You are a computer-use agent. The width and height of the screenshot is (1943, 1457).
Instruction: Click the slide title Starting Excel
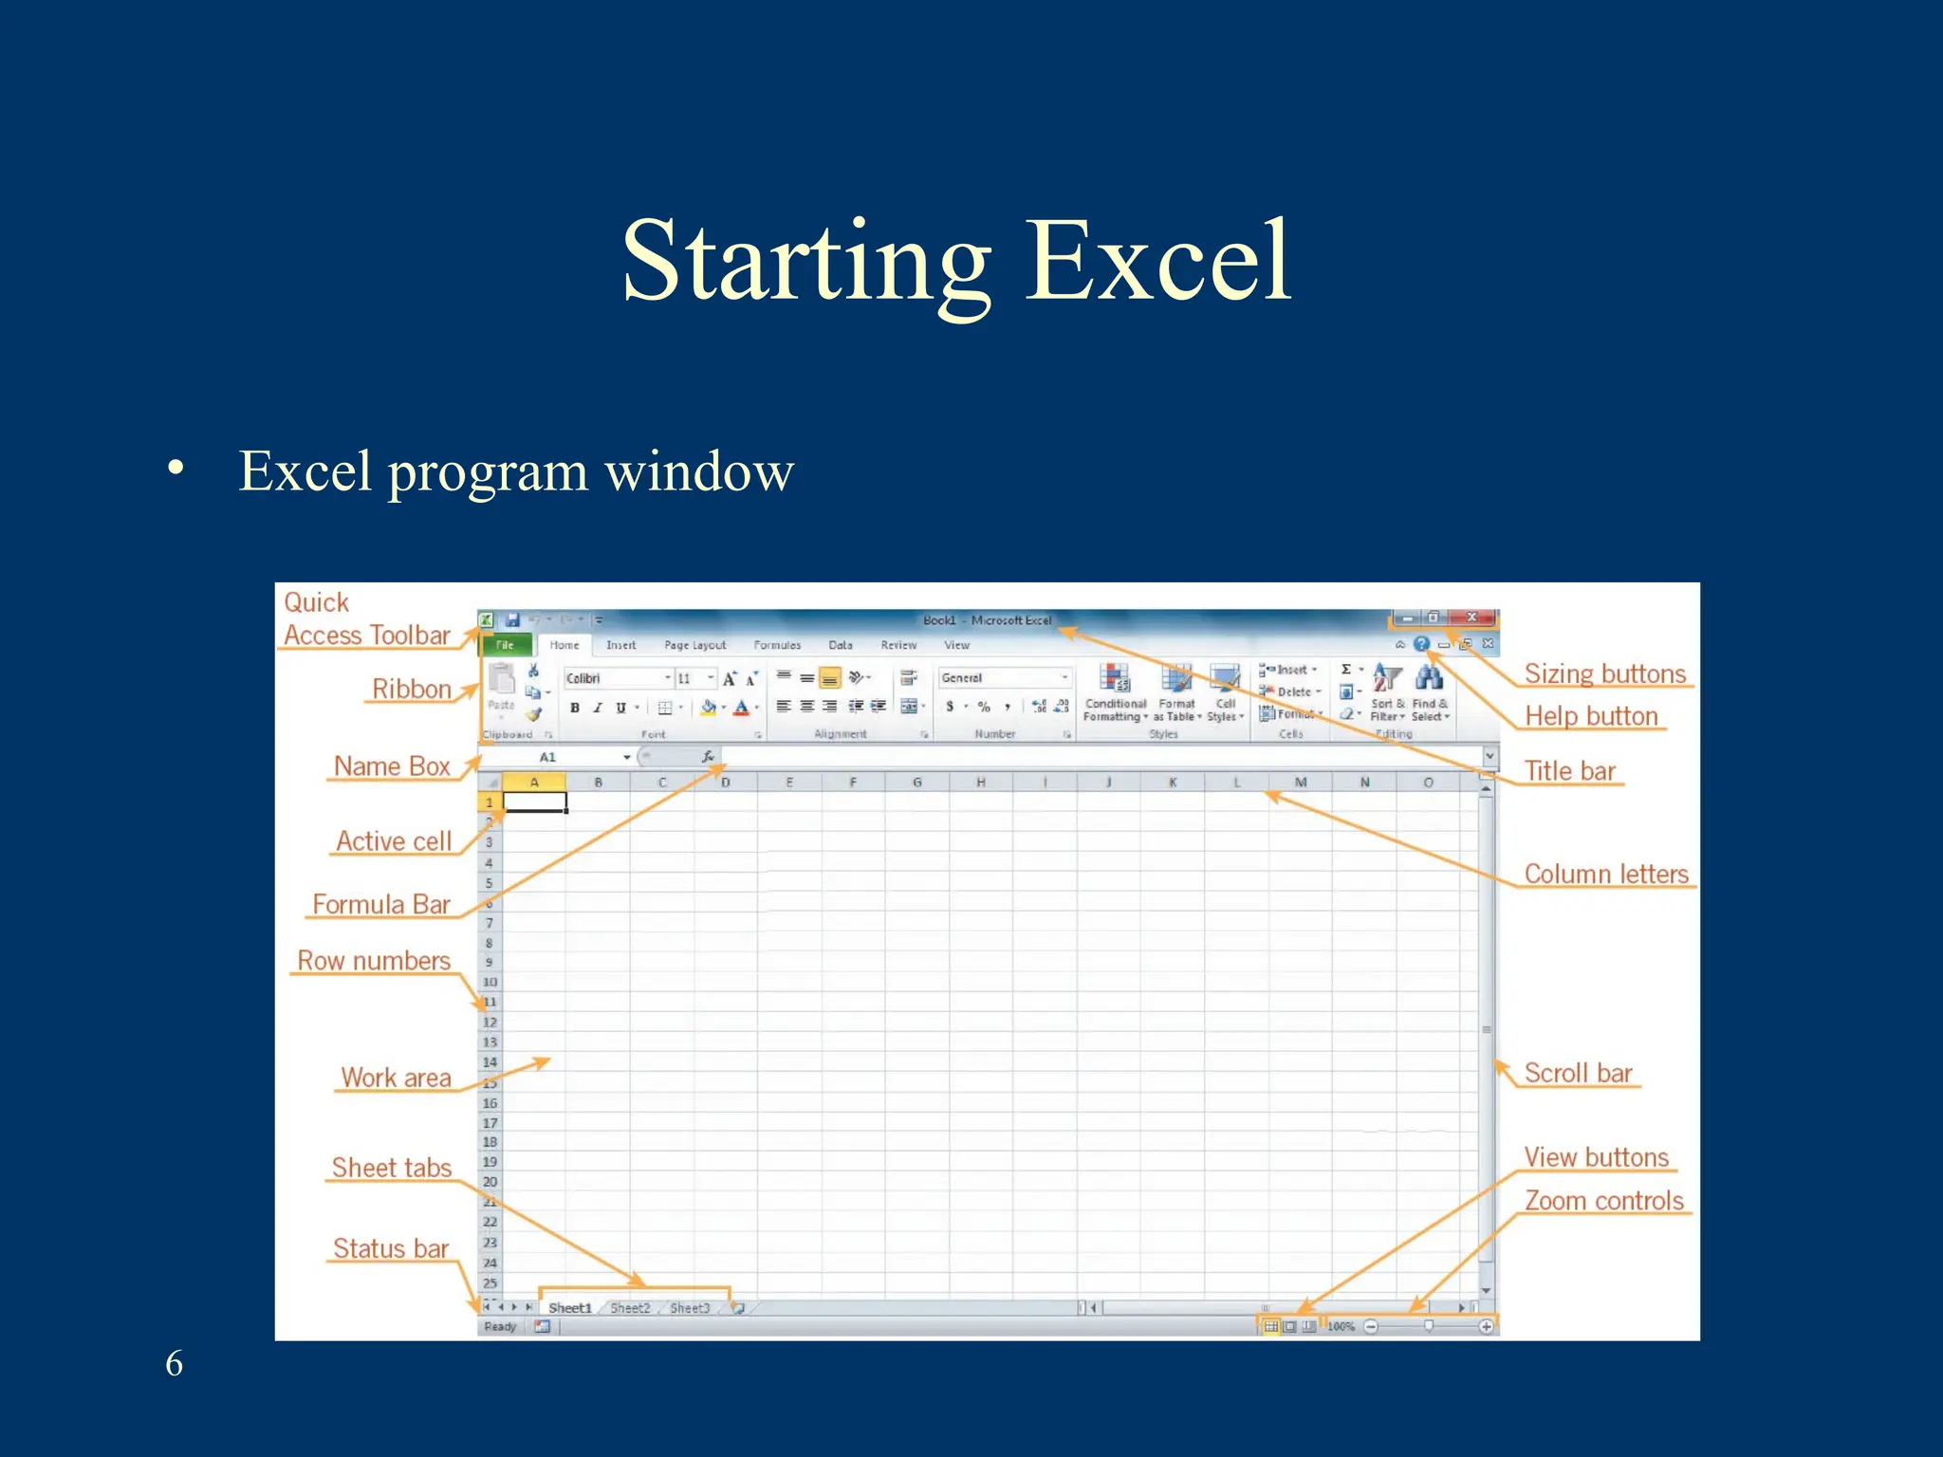[x=956, y=261]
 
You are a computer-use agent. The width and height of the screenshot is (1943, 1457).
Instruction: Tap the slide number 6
[x=175, y=1363]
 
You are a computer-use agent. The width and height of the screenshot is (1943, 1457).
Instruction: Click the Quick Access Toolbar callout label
[x=366, y=619]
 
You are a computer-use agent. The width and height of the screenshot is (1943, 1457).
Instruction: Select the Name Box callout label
[x=392, y=766]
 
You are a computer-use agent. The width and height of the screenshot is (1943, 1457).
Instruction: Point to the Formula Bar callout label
[x=381, y=905]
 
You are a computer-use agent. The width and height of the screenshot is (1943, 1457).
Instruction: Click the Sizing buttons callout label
[x=1604, y=674]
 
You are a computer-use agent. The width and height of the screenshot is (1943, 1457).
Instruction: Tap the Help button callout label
[x=1591, y=717]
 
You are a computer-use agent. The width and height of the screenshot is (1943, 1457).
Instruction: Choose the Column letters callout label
[x=1606, y=875]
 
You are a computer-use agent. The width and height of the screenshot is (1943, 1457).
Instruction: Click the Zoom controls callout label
[x=1603, y=1201]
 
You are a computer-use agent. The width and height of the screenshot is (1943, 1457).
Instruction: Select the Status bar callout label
[x=391, y=1249]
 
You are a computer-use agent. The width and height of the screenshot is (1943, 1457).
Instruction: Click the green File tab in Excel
[x=505, y=645]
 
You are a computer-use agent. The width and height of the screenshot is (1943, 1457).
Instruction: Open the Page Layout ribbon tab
[x=694, y=645]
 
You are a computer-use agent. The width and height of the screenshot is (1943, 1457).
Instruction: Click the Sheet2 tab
[x=630, y=1308]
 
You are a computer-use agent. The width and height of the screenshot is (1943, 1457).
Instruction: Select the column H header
[x=980, y=783]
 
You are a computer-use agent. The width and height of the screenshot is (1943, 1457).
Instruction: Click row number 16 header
[x=490, y=1103]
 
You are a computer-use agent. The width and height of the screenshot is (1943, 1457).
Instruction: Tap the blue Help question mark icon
[x=1421, y=644]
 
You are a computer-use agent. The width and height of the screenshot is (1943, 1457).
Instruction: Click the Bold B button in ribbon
[x=575, y=708]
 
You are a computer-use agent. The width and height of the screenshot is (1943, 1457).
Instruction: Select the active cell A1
[x=534, y=802]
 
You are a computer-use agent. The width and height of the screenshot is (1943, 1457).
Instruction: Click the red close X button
[x=1471, y=618]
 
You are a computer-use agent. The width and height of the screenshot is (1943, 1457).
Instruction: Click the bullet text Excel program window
[x=516, y=470]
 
